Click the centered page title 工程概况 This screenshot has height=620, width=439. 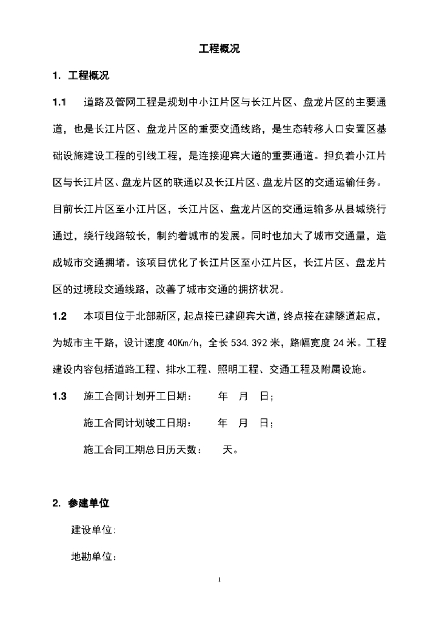click(219, 49)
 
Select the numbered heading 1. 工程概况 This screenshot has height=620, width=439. click(81, 76)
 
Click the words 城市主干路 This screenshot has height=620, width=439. click(90, 343)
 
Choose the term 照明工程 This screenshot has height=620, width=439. click(244, 370)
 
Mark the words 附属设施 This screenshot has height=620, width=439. click(349, 370)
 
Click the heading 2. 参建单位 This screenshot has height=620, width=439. click(81, 503)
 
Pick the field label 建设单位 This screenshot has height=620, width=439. click(92, 530)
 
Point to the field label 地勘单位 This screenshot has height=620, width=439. click(92, 556)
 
